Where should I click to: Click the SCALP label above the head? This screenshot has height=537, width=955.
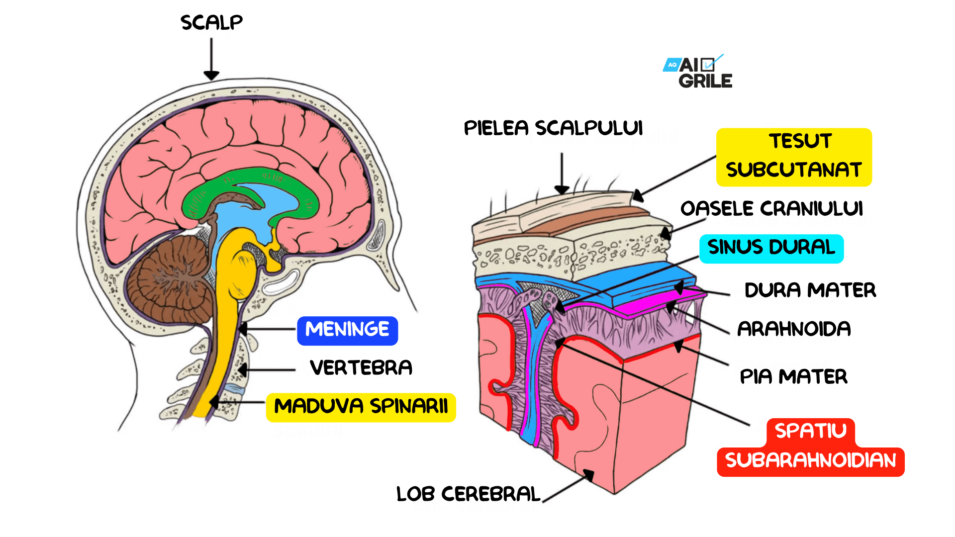click(x=211, y=22)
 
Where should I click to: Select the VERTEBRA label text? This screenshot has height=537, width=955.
click(x=361, y=368)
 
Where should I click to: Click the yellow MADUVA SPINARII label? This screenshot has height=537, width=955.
click(x=361, y=407)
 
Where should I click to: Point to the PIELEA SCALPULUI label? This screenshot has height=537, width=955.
click(x=553, y=128)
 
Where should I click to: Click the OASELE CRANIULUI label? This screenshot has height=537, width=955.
click(x=771, y=209)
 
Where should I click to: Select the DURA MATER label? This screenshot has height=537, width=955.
click(x=810, y=290)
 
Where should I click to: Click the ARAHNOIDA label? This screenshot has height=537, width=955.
click(x=794, y=329)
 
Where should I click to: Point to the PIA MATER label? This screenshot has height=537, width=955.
click(x=793, y=377)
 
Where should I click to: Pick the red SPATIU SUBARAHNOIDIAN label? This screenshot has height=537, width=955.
click(x=810, y=447)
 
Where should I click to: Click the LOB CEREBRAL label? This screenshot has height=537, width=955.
click(x=468, y=494)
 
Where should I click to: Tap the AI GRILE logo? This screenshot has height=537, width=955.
click(x=698, y=73)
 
